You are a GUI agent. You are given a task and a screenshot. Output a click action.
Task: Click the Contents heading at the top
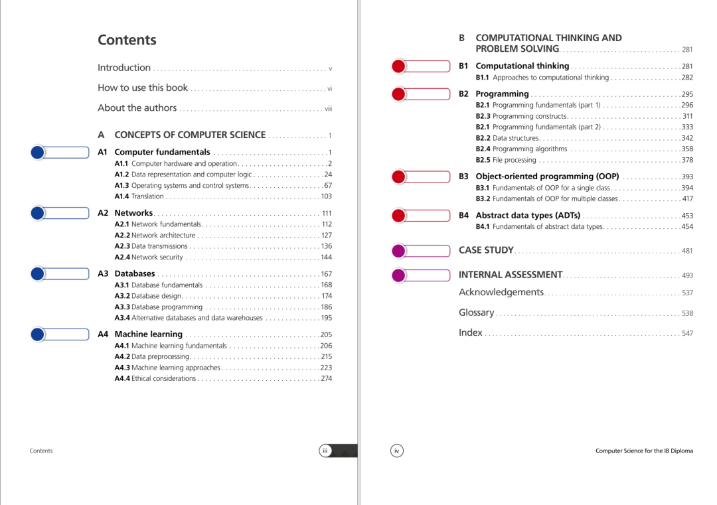click(127, 40)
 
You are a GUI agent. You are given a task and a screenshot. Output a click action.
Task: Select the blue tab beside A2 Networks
click(60, 213)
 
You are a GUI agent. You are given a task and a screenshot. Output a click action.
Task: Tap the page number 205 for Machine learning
click(326, 335)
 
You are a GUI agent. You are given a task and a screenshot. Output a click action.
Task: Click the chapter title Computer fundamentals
click(162, 153)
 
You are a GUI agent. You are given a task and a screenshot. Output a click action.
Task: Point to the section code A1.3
click(121, 186)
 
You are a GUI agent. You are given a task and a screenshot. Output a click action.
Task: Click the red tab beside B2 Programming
click(421, 94)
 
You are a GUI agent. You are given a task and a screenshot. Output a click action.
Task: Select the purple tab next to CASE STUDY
click(421, 251)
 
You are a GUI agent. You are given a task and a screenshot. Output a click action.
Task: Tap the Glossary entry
click(476, 313)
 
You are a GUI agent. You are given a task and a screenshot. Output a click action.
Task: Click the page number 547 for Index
click(687, 334)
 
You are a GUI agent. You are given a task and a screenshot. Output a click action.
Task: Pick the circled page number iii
click(325, 451)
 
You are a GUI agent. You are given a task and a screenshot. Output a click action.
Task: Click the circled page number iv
click(396, 451)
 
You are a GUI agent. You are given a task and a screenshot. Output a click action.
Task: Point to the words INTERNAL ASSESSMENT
click(510, 275)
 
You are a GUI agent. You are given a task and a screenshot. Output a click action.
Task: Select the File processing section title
click(514, 161)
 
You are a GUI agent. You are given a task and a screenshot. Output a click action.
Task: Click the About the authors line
click(137, 108)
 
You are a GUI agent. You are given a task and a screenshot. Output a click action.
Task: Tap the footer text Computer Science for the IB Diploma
click(644, 451)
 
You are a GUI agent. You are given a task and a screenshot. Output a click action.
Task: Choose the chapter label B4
click(463, 216)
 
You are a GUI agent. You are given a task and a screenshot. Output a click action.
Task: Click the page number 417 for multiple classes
click(687, 199)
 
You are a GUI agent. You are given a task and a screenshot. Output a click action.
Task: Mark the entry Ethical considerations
click(163, 379)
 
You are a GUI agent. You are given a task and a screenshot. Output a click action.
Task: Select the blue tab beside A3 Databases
click(60, 273)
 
